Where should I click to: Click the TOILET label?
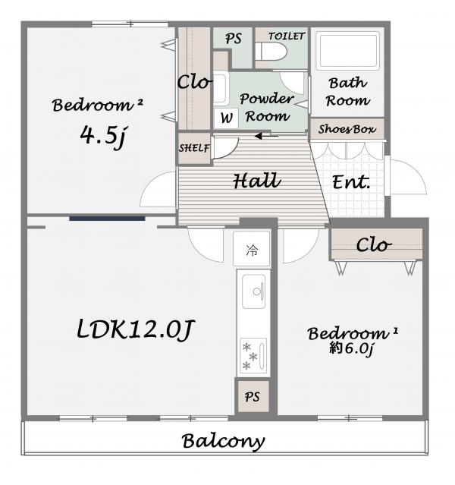coord(287,36)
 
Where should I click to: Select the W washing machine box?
coord(226,118)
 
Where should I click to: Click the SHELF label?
coord(194,148)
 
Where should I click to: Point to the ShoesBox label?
coord(347,129)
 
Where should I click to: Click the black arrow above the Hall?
coord(266,136)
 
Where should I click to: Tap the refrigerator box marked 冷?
coord(252,249)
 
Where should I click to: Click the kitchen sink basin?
coord(254,291)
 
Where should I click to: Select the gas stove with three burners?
coord(253,356)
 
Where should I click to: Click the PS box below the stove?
coord(253,397)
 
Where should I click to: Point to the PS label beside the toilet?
coord(234,39)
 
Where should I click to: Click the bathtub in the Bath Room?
coord(350,50)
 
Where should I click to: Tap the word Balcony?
coord(223,441)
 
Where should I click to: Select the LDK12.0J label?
coord(135,329)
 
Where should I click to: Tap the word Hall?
coord(257,181)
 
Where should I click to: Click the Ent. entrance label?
coord(351,182)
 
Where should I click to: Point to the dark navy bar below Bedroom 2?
coord(107,219)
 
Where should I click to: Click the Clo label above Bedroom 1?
coord(373,245)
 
